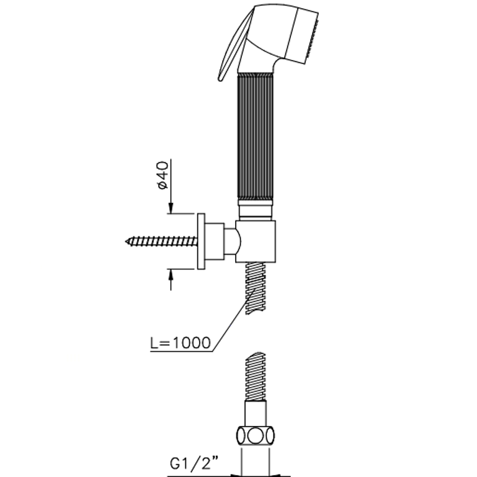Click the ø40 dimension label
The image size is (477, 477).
[164, 175]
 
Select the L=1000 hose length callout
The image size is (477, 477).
[181, 343]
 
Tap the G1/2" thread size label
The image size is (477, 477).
[194, 463]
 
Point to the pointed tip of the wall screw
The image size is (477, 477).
[126, 241]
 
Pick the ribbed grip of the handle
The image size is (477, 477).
[255, 136]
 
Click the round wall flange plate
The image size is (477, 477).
[201, 241]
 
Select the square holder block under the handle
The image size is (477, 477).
[256, 241]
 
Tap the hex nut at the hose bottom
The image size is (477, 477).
[256, 437]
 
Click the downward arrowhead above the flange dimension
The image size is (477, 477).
[170, 207]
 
